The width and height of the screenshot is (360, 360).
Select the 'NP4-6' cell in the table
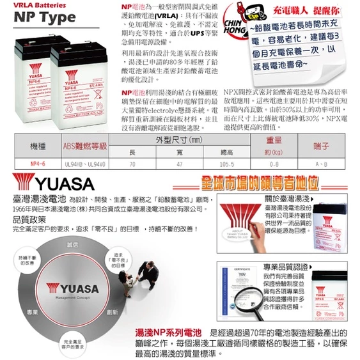click(38, 165)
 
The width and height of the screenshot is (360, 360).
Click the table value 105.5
click(226, 165)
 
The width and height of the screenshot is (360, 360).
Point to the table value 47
click(179, 165)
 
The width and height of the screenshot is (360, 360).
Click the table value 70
click(132, 165)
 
